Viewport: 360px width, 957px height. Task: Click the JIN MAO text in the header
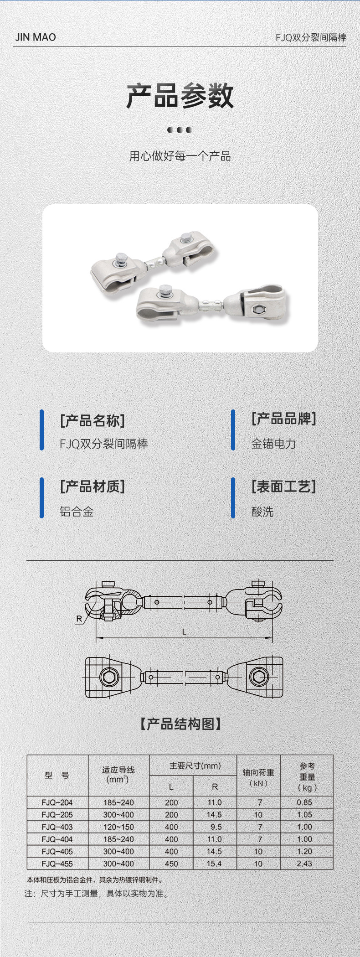coord(36,37)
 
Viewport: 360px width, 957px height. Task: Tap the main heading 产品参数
coord(180,96)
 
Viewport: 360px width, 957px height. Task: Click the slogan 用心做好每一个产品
coord(180,156)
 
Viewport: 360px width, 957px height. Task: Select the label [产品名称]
coord(93,420)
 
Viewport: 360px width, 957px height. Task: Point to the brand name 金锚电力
coord(273,443)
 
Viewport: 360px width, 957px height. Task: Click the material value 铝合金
coord(77,511)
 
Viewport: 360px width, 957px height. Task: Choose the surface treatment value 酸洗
coord(262,511)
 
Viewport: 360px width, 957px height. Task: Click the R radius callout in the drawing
coord(79,619)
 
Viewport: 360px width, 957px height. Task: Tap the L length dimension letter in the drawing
coord(184,631)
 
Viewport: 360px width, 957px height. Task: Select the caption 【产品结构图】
coord(180,724)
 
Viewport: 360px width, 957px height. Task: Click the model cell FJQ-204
coord(57,802)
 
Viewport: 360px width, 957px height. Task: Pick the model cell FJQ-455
coord(57,863)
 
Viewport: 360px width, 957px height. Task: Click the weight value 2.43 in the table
coord(304,863)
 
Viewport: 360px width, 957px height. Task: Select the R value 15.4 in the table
coord(214,863)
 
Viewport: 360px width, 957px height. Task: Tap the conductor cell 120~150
coord(118,827)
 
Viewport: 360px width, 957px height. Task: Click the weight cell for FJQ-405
coord(304,851)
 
